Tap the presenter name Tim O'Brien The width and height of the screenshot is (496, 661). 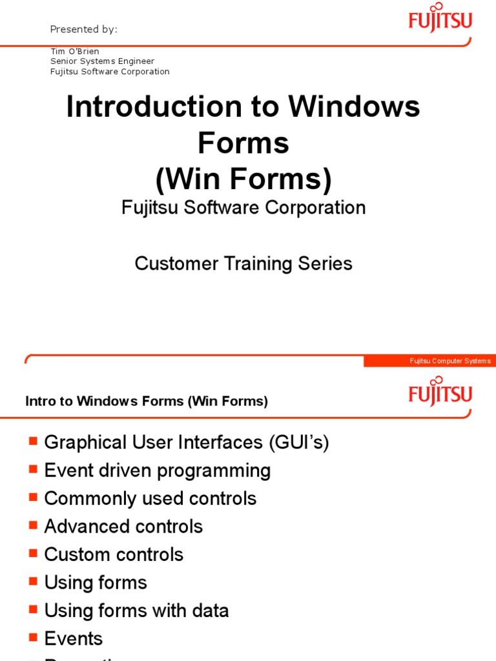[x=75, y=51]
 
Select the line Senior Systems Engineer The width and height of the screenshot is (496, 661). [x=103, y=61]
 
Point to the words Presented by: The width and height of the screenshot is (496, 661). [x=84, y=30]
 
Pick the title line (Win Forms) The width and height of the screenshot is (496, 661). [x=243, y=179]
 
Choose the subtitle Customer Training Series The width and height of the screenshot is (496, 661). [x=243, y=263]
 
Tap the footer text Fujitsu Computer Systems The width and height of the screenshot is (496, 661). [x=450, y=361]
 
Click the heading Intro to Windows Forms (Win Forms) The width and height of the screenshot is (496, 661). [x=147, y=401]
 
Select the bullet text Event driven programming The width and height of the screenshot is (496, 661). [x=158, y=471]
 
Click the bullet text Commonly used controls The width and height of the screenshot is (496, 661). [x=150, y=498]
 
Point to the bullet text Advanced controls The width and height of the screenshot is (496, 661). [x=123, y=527]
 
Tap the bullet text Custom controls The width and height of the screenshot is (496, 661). [x=114, y=554]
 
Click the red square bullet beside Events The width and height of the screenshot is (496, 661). [x=34, y=638]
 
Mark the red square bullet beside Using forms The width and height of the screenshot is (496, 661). [x=34, y=582]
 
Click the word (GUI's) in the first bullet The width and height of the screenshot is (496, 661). [x=298, y=443]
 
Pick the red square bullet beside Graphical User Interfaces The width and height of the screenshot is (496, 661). [x=34, y=442]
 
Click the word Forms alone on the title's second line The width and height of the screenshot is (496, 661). [x=243, y=143]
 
